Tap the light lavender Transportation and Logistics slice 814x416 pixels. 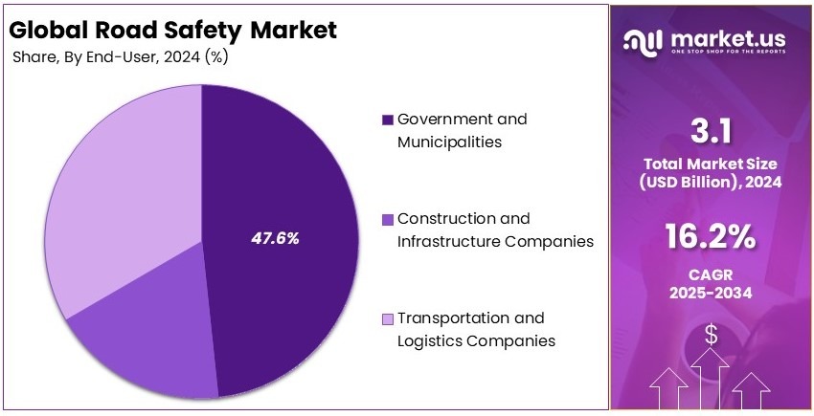115,191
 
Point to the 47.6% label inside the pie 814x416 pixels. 275,238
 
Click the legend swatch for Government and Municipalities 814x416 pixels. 387,120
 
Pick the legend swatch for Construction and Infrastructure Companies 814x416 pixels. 387,219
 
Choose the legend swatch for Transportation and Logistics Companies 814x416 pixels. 387,318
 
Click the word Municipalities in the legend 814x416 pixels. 450,142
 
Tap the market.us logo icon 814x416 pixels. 642,40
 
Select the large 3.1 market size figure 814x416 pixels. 711,129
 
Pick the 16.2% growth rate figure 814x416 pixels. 711,236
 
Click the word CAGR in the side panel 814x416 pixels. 711,277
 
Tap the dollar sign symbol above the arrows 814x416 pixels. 711,334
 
